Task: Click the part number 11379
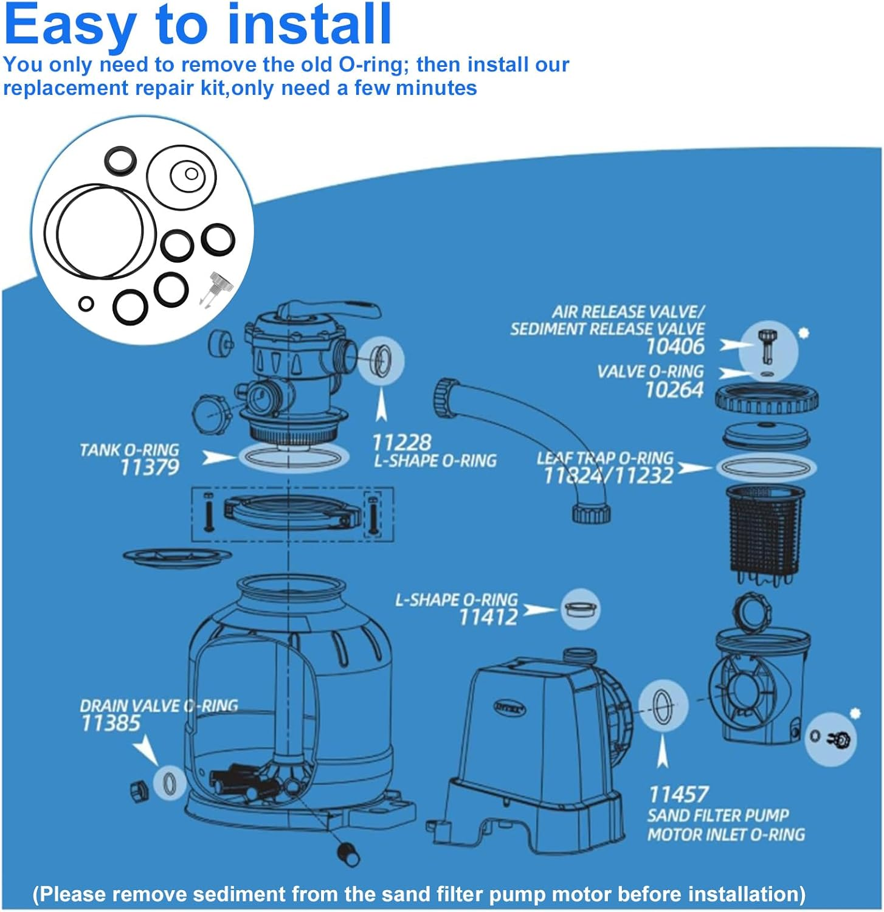150,468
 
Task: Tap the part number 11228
401,442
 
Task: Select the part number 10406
675,347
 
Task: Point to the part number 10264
674,390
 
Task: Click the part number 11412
488,617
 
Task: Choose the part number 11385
111,723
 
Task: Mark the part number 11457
678,794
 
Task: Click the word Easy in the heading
70,26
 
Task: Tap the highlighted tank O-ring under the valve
293,458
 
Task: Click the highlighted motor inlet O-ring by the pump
662,705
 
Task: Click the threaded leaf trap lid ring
766,398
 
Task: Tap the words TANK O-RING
129,450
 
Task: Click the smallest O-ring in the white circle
86,303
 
